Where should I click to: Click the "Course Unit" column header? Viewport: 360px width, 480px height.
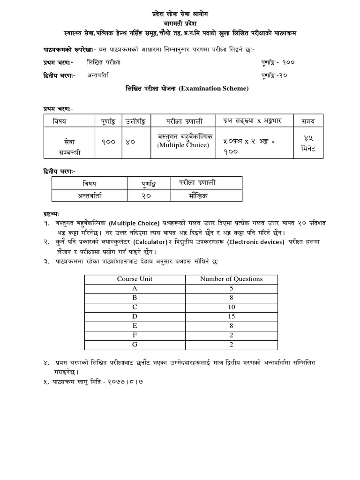pyautogui.click(x=135, y=279)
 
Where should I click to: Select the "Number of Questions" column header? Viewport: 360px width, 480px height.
pyautogui.click(x=231, y=279)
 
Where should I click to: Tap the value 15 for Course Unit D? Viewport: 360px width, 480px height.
pyautogui.click(x=231, y=316)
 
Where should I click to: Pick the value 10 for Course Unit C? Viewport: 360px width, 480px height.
pyautogui.click(x=231, y=307)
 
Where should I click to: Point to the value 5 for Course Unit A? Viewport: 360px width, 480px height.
pyautogui.click(x=231, y=288)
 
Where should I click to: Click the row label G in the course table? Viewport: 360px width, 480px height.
pyautogui.click(x=135, y=345)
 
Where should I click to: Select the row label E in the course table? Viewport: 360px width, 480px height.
pyautogui.click(x=135, y=326)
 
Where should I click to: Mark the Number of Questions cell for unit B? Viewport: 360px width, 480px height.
pyautogui.click(x=231, y=298)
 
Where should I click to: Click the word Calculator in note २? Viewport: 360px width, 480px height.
pyautogui.click(x=150, y=242)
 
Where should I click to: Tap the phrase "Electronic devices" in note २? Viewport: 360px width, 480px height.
pyautogui.click(x=256, y=242)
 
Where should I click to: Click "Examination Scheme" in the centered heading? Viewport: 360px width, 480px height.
pyautogui.click(x=219, y=88)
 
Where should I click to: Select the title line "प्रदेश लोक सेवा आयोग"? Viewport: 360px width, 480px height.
pyautogui.click(x=180, y=14)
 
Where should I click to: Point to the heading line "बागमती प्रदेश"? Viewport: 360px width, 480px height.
pyautogui.click(x=180, y=23)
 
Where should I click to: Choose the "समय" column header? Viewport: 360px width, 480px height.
pyautogui.click(x=308, y=121)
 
